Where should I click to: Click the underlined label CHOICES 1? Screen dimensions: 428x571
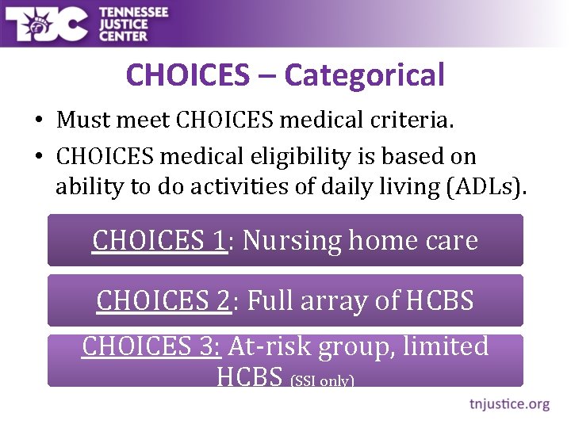[159, 239]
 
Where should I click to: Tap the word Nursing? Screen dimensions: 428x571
[293, 239]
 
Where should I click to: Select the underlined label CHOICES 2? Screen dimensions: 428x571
[163, 300]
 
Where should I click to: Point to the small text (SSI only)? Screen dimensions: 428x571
[322, 381]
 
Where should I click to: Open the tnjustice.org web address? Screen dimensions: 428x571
[508, 404]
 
